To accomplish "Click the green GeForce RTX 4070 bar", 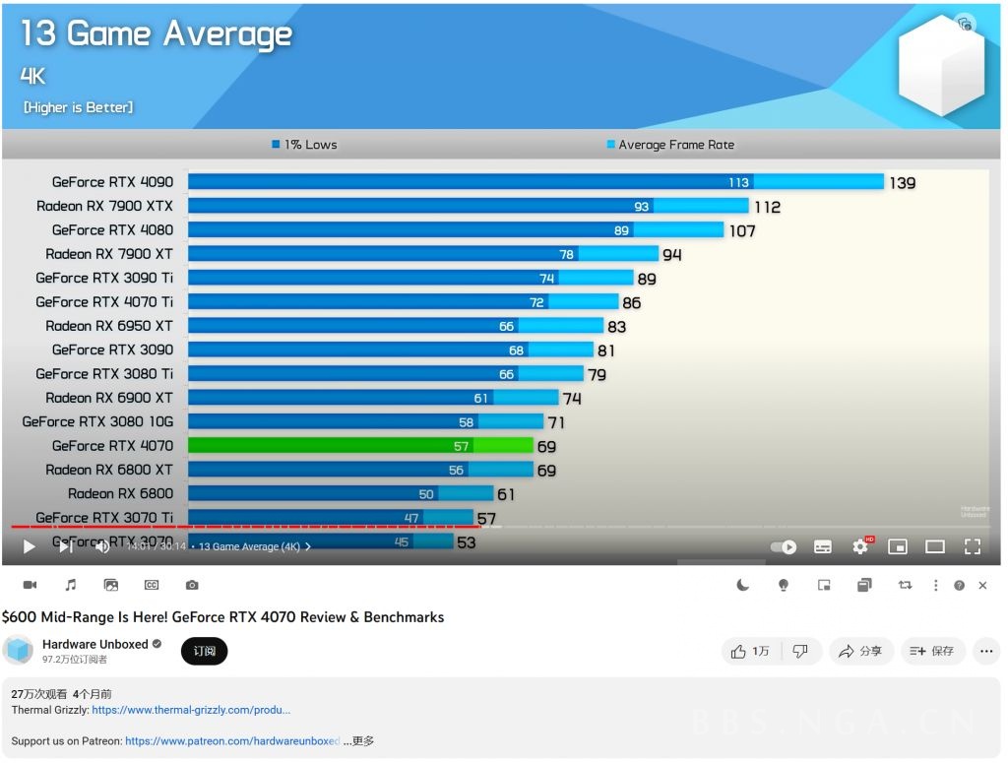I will tap(360, 446).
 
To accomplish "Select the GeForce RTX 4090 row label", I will tap(112, 182).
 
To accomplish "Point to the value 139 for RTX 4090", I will tap(902, 183).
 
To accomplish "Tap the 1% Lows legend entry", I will tap(304, 145).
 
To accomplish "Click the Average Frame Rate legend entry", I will tap(670, 145).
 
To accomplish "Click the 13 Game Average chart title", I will tap(157, 34).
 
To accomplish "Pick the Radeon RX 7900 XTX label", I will tap(104, 206).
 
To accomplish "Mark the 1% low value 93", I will tap(641, 207).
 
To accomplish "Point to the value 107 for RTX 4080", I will tap(742, 230).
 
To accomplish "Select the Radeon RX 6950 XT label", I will tap(108, 326).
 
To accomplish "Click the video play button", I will tap(29, 546).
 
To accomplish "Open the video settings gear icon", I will tap(860, 546).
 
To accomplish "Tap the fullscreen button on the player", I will tap(972, 546).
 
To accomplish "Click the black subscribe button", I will tap(205, 651).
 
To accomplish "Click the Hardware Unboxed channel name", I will tap(94, 644).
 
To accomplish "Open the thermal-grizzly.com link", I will tap(191, 710).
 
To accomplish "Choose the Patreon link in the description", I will tap(232, 741).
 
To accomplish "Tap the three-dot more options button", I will tap(984, 651).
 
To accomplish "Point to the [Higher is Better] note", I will tap(79, 107).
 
